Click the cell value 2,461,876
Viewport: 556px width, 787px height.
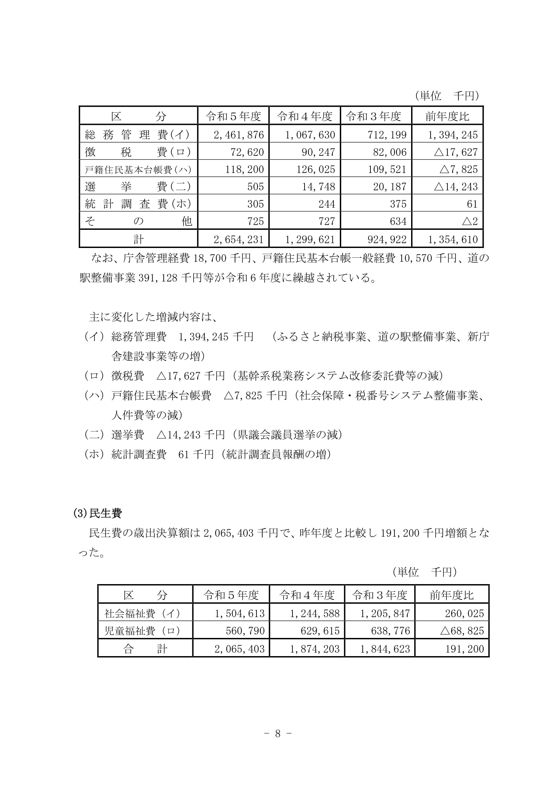click(x=239, y=135)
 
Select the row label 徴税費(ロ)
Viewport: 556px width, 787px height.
click(x=137, y=152)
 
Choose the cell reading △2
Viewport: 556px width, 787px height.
click(x=470, y=221)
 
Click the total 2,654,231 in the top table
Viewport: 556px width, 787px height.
click(x=239, y=239)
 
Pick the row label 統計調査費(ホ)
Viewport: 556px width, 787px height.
click(x=137, y=204)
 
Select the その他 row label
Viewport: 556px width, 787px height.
click(x=137, y=221)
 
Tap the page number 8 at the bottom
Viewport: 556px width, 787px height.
click(x=278, y=734)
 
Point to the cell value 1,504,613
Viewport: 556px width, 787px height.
click(x=240, y=613)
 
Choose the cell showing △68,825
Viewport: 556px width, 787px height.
click(x=462, y=631)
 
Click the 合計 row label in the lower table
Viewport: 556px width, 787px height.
click(x=145, y=649)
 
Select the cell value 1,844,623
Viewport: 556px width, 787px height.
click(x=385, y=649)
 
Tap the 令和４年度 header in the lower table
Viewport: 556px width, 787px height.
click(x=307, y=595)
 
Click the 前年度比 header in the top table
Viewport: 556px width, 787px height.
click(x=447, y=116)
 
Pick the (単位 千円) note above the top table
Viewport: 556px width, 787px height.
click(x=447, y=96)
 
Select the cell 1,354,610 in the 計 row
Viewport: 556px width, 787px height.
click(x=452, y=239)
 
